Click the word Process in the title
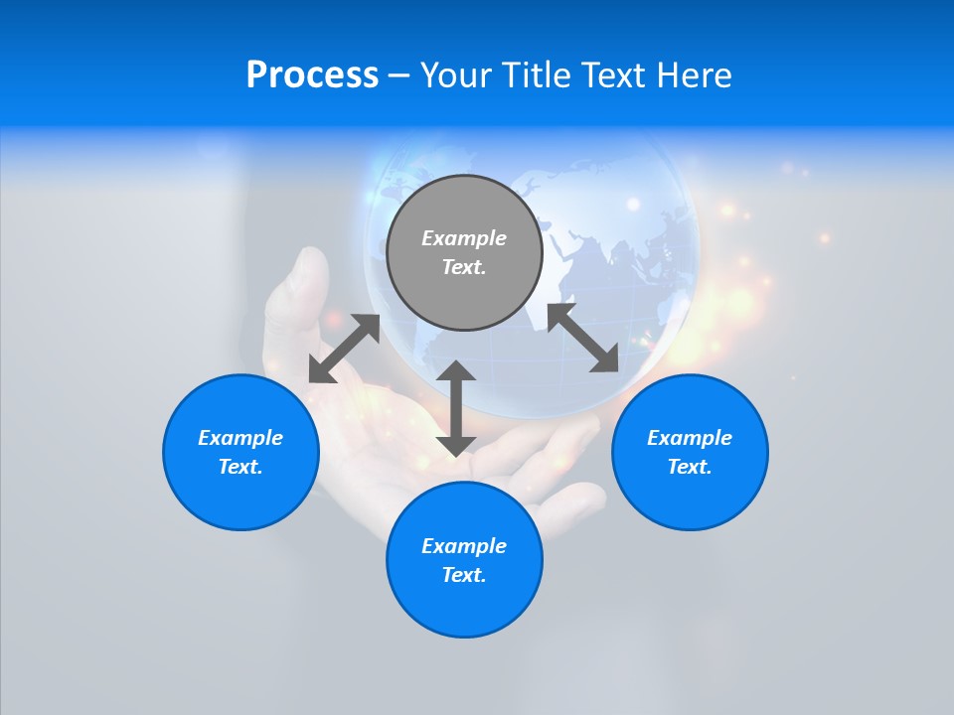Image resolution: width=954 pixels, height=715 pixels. pyautogui.click(x=312, y=75)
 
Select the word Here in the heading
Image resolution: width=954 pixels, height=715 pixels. pyautogui.click(x=695, y=75)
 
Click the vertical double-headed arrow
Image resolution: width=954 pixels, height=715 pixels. pyautogui.click(x=456, y=408)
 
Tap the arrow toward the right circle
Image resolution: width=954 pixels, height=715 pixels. pyautogui.click(x=582, y=339)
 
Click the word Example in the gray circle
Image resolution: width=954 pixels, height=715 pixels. pyautogui.click(x=464, y=238)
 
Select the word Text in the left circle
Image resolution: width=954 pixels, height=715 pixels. pyautogui.click(x=239, y=467)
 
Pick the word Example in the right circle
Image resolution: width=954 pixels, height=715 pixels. pyautogui.click(x=690, y=438)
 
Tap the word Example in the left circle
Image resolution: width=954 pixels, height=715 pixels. pyautogui.click(x=240, y=438)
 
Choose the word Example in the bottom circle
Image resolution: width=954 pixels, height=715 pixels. pyautogui.click(x=464, y=546)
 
